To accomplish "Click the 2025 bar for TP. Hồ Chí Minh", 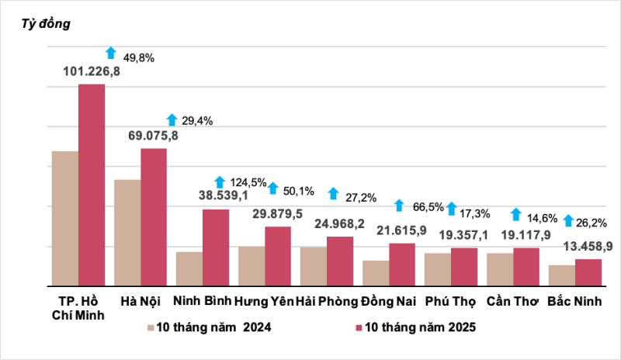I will coord(92,185).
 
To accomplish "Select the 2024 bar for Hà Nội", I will coord(127,233).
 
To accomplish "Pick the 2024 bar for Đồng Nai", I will coord(376,273).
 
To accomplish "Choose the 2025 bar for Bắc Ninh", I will coord(588,272).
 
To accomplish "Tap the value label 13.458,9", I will coord(588,247).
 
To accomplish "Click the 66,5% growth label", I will coord(428,207).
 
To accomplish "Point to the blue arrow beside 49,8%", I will coord(111,53).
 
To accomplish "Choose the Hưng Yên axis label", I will coord(264,300).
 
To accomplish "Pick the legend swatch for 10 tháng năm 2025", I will coord(359,328).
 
